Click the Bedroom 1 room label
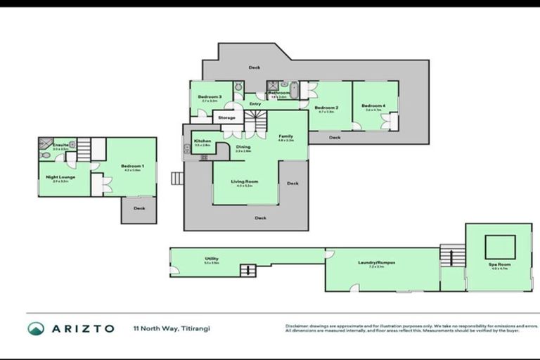pos(134,166)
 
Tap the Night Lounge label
pos(57,178)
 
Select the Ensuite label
pos(60,145)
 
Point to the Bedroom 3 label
pos(210,96)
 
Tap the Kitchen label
pos(202,141)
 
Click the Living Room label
pos(245,181)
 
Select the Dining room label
pos(243,147)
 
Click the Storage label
pos(226,117)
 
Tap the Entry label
pos(255,104)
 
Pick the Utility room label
pos(212,259)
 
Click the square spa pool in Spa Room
pos(500,247)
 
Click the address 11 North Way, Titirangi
pos(172,328)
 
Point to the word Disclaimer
pos(300,326)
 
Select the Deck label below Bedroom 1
pos(139,208)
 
